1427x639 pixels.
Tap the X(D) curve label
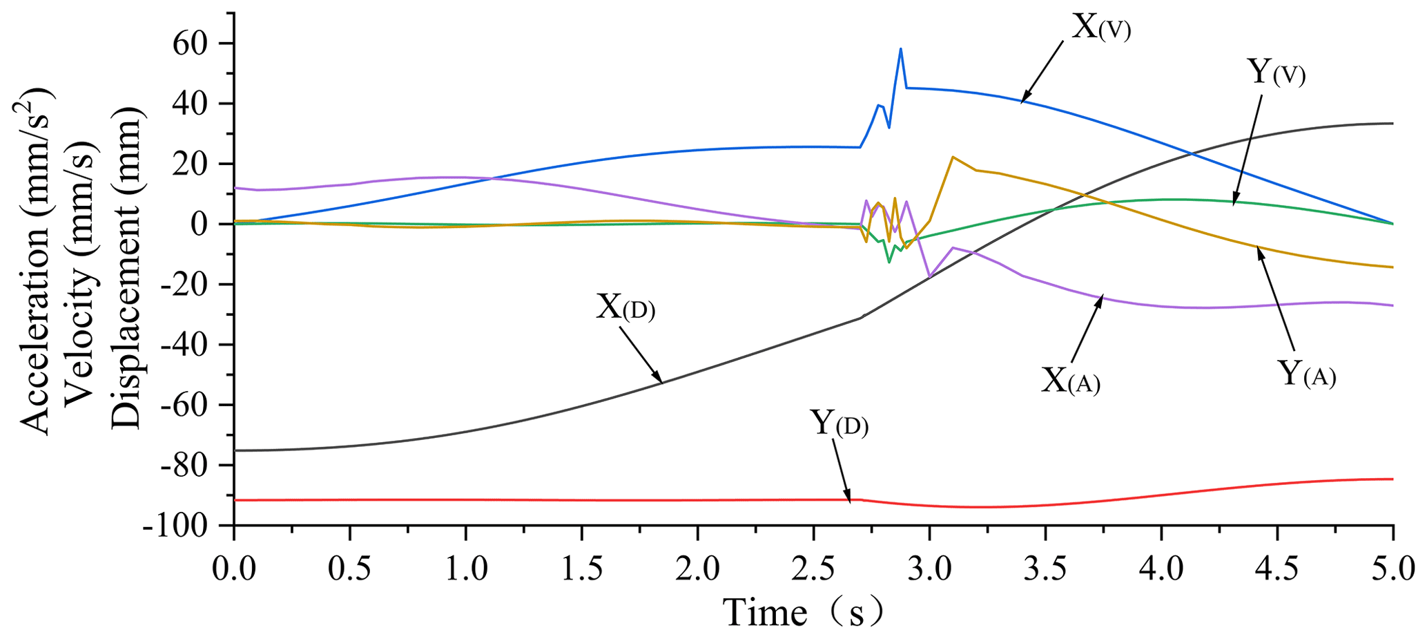[625, 307]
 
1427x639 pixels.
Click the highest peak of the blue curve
[901, 48]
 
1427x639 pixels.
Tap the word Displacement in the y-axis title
[125, 271]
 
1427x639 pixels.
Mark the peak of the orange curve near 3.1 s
[953, 157]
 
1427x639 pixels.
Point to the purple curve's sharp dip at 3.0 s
[930, 277]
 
